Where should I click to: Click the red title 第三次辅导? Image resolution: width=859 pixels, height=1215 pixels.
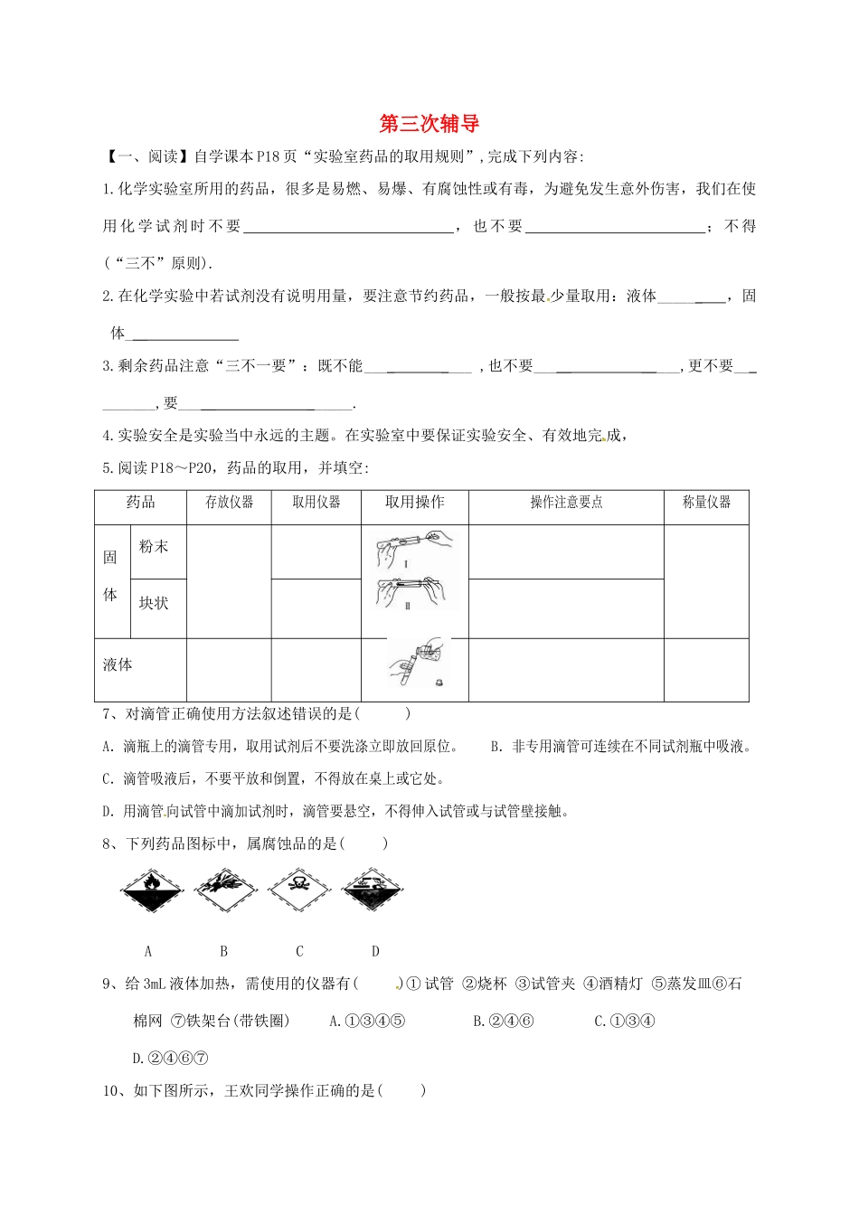pyautogui.click(x=429, y=124)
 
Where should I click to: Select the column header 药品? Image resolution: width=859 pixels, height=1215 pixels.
pyautogui.click(x=140, y=503)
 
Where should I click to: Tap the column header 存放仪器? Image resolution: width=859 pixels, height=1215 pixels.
pyautogui.click(x=229, y=503)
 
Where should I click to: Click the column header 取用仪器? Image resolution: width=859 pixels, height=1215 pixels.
pyautogui.click(x=316, y=503)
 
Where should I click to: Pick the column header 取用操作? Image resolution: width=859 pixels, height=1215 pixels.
pyautogui.click(x=414, y=503)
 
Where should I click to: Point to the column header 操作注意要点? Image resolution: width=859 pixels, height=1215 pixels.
pyautogui.click(x=565, y=503)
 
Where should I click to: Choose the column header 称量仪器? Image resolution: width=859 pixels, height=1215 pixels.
pyautogui.click(x=706, y=503)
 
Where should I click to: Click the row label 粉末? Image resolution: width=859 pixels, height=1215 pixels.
pyautogui.click(x=154, y=547)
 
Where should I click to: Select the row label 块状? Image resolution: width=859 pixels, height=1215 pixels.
pyautogui.click(x=154, y=603)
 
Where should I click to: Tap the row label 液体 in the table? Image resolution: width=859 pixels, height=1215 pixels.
pyautogui.click(x=118, y=664)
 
